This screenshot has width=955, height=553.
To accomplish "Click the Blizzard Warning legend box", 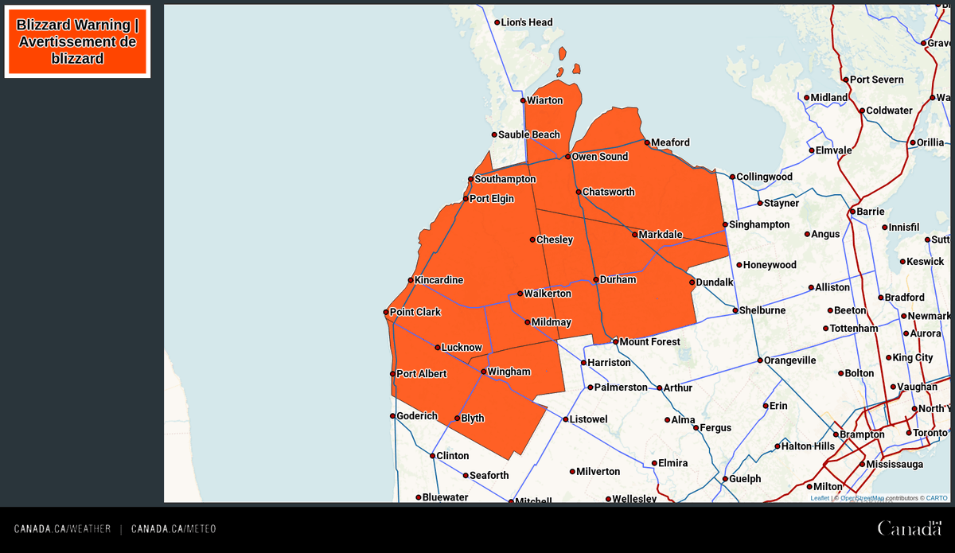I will pyautogui.click(x=77, y=41).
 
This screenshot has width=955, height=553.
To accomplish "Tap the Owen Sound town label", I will pyautogui.click(x=601, y=157).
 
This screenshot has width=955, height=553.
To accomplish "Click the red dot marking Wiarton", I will pyautogui.click(x=523, y=101).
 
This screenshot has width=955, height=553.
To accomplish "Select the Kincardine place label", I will pyautogui.click(x=439, y=280).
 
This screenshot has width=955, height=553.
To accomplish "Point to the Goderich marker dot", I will pyautogui.click(x=392, y=416).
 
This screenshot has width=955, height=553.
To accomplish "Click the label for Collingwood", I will pyautogui.click(x=764, y=177).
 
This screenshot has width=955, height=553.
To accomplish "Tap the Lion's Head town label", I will pyautogui.click(x=526, y=22).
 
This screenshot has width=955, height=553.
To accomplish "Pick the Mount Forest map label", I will pyautogui.click(x=649, y=342).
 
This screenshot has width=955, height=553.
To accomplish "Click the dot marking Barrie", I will pyautogui.click(x=852, y=212).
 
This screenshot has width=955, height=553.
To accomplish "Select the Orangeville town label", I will pyautogui.click(x=790, y=360).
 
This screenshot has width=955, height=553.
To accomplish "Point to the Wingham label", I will pyautogui.click(x=509, y=372).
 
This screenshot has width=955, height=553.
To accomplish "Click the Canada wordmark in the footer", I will pyautogui.click(x=909, y=528).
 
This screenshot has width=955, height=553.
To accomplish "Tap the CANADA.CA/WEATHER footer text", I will pyautogui.click(x=62, y=529).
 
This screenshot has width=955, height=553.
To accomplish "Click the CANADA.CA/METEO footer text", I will pyautogui.click(x=173, y=529).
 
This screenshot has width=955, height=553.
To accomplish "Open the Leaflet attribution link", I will pyautogui.click(x=820, y=498).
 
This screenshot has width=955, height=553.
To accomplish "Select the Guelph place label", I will pyautogui.click(x=745, y=479).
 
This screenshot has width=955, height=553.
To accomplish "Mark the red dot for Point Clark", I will pyautogui.click(x=386, y=313).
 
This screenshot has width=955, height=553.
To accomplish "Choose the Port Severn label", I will pyautogui.click(x=876, y=80).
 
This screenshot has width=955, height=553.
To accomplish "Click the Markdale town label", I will pyautogui.click(x=660, y=235).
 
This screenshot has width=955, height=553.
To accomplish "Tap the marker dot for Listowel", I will pyautogui.click(x=566, y=419).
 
